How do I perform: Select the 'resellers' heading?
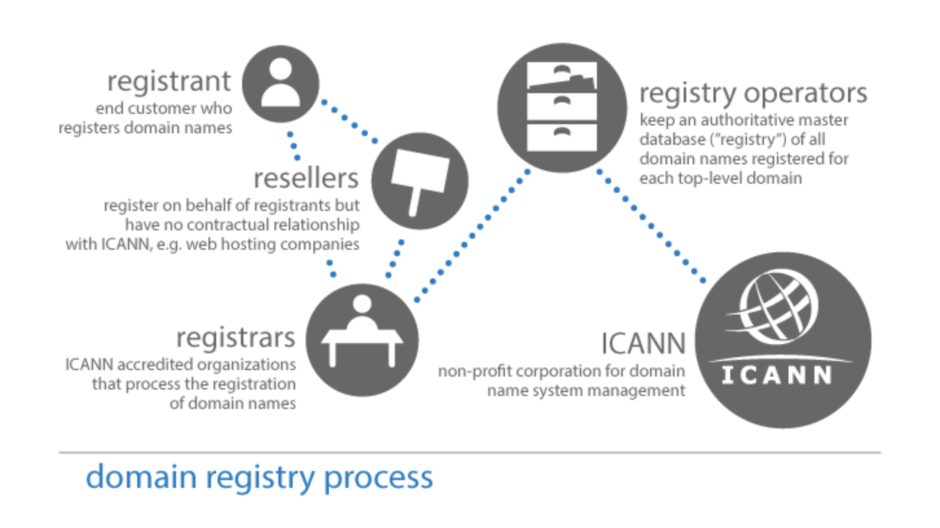(306, 178)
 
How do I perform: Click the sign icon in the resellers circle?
(420, 175)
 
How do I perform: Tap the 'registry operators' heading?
(753, 94)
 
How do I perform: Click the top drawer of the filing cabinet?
(562, 76)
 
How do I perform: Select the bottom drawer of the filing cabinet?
(562, 137)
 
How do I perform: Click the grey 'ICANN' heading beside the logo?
(643, 343)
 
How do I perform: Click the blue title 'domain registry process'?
(259, 477)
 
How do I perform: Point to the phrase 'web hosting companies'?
(272, 244)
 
